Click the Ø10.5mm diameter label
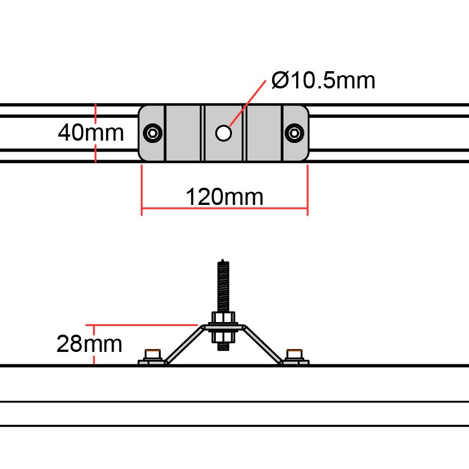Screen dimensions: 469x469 [324, 81]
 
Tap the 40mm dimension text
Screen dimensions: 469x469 [91, 133]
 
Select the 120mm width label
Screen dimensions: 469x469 [224, 197]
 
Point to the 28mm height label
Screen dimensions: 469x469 [89, 344]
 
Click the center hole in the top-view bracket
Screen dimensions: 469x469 [223, 133]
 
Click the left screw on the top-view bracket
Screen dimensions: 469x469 [153, 133]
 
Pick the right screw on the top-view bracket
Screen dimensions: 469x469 [294, 133]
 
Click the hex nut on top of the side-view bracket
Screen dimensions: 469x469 [223, 318]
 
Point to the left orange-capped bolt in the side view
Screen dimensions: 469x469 [152, 355]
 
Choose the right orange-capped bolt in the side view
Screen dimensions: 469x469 [294, 355]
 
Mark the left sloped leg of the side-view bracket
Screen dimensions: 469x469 [183, 344]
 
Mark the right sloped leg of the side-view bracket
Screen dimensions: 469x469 [263, 344]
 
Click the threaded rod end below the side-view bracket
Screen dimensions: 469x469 [223, 344]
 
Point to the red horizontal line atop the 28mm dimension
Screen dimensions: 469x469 [144, 325]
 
